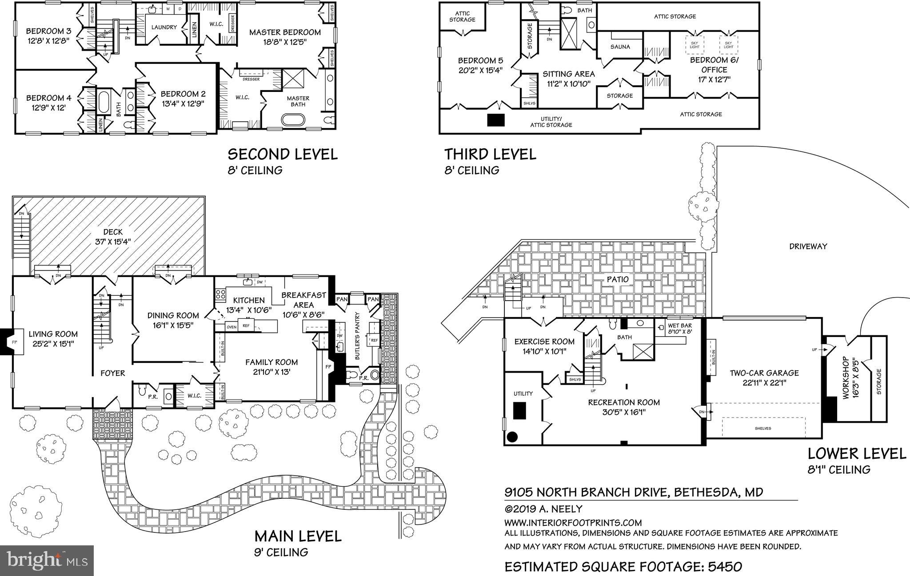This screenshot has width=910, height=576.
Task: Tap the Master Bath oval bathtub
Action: point(293,120)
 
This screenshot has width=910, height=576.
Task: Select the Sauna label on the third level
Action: point(620,47)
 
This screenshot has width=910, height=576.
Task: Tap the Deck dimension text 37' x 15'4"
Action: point(113,242)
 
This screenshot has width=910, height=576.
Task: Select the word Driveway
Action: point(808,246)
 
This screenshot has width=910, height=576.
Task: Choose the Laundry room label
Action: point(164,27)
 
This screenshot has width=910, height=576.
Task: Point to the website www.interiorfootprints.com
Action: point(573,523)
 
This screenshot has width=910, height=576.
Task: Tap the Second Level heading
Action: point(283,155)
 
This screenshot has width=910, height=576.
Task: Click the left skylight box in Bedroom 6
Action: point(694,44)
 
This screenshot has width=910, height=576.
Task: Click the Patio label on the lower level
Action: point(618,279)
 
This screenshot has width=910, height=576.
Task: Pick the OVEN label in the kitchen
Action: point(231,327)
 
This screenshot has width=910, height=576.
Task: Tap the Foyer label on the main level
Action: point(112,373)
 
